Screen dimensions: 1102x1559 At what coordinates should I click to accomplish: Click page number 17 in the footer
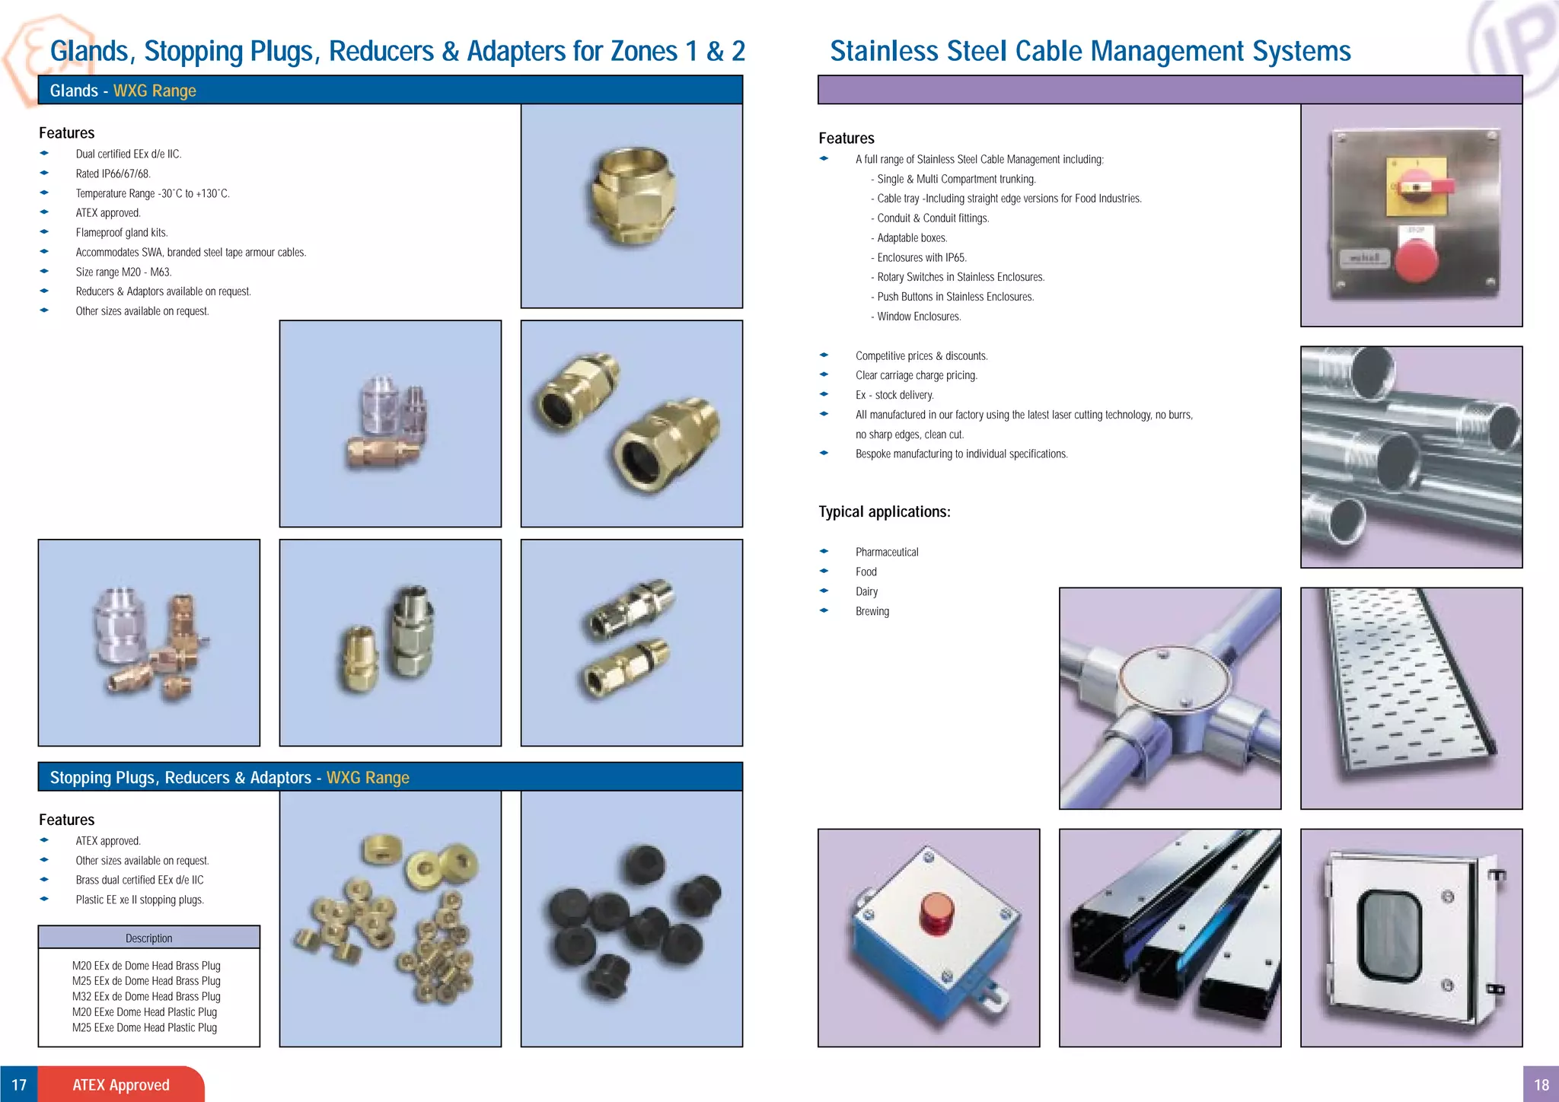click(19, 1084)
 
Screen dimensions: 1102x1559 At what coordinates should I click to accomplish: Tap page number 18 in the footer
click(1541, 1084)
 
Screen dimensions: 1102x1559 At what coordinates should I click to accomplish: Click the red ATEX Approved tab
click(121, 1084)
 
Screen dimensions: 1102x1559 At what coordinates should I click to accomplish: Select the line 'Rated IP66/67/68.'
click(113, 174)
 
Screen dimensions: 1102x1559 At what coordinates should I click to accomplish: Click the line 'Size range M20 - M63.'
click(123, 272)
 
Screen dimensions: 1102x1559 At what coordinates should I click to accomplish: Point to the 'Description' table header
click(148, 938)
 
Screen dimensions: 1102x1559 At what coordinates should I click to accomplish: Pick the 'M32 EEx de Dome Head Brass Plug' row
click(146, 996)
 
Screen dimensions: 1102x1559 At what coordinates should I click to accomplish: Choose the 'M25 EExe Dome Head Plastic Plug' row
click(145, 1027)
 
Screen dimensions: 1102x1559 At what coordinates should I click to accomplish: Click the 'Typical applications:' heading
click(884, 511)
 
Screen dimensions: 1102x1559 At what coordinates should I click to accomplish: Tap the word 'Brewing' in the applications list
click(872, 611)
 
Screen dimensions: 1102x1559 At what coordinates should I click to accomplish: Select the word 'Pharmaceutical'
click(886, 552)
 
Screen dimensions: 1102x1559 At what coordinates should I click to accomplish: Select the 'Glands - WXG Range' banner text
click(123, 91)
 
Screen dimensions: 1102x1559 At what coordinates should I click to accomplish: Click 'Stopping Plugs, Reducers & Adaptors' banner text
click(180, 777)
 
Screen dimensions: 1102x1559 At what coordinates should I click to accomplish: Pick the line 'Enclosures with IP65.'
click(921, 257)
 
